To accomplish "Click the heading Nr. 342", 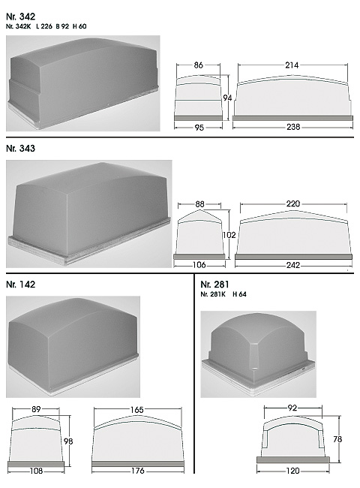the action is pyautogui.click(x=20, y=17).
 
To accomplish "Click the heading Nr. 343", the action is pyautogui.click(x=20, y=149).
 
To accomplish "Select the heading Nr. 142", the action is pyautogui.click(x=20, y=285).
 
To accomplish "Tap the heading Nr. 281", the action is pyautogui.click(x=214, y=285).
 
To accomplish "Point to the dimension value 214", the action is pyautogui.click(x=292, y=65).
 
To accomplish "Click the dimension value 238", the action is pyautogui.click(x=293, y=127).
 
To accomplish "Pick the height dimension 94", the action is pyautogui.click(x=227, y=98).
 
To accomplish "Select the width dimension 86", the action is pyautogui.click(x=198, y=65).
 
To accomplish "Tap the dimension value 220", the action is pyautogui.click(x=293, y=204).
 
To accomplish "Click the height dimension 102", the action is pyautogui.click(x=229, y=235).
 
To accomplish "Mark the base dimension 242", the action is pyautogui.click(x=293, y=265).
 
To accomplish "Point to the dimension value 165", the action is pyautogui.click(x=136, y=410).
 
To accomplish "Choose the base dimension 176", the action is pyautogui.click(x=138, y=471).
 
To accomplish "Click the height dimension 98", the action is pyautogui.click(x=68, y=441).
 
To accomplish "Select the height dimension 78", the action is pyautogui.click(x=337, y=439).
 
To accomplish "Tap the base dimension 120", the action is pyautogui.click(x=292, y=471).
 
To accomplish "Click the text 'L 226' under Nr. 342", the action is pyautogui.click(x=44, y=26).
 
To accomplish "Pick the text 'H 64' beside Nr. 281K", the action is pyautogui.click(x=240, y=294).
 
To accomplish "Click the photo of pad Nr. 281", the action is pyautogui.click(x=258, y=354).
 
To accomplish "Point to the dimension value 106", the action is pyautogui.click(x=199, y=265).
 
